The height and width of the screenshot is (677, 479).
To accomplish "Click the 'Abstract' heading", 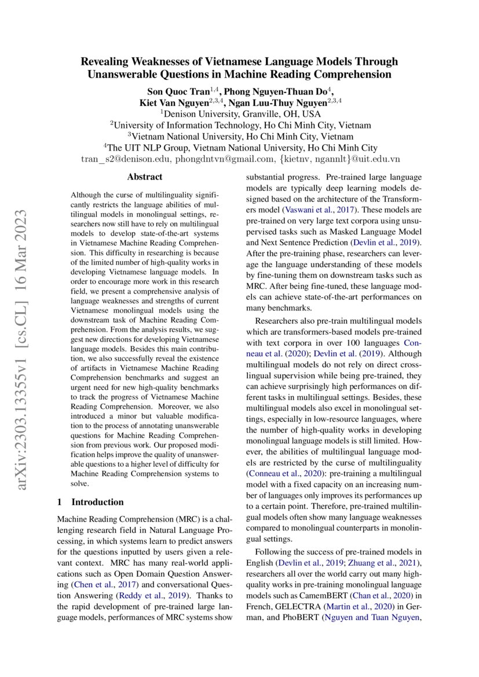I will tap(145, 177).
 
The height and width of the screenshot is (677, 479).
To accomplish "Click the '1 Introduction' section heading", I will tap(90, 502).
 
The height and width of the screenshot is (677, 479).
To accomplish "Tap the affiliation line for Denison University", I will tap(239, 114).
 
